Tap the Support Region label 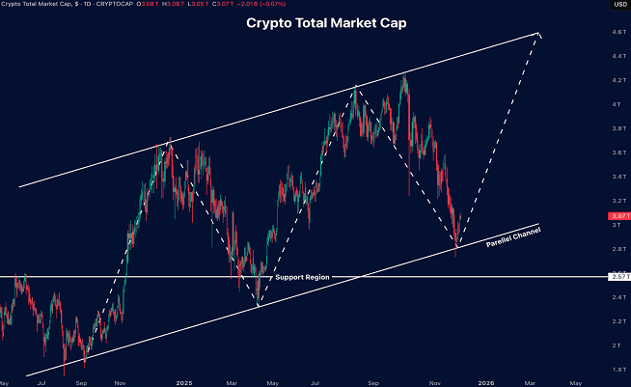tap(303, 277)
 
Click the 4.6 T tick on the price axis tap(616, 33)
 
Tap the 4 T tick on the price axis tap(616, 105)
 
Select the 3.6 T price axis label tap(616, 153)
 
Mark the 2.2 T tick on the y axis tap(616, 320)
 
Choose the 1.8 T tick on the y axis tap(616, 369)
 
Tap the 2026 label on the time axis tap(487, 382)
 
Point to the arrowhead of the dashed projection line tap(538, 35)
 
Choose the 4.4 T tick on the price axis tap(616, 57)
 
